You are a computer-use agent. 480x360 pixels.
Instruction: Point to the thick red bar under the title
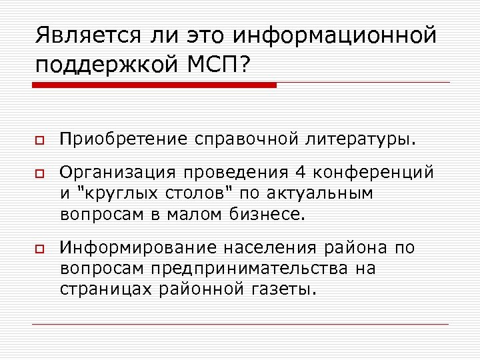154,85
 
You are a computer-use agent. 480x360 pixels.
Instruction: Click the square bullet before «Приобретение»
39,142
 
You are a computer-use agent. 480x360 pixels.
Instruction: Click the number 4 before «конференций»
301,173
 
